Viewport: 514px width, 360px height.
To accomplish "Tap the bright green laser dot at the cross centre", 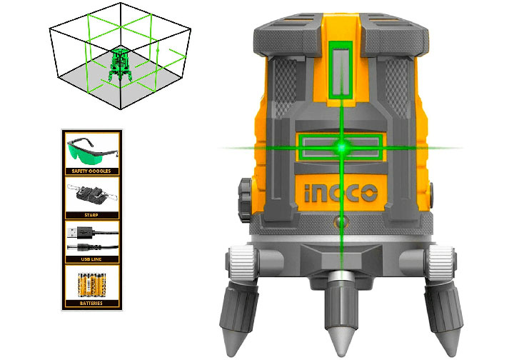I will coord(342,148).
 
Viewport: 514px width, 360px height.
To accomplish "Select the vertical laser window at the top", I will coord(342,68).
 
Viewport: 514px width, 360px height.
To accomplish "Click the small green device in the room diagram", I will coord(119,64).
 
